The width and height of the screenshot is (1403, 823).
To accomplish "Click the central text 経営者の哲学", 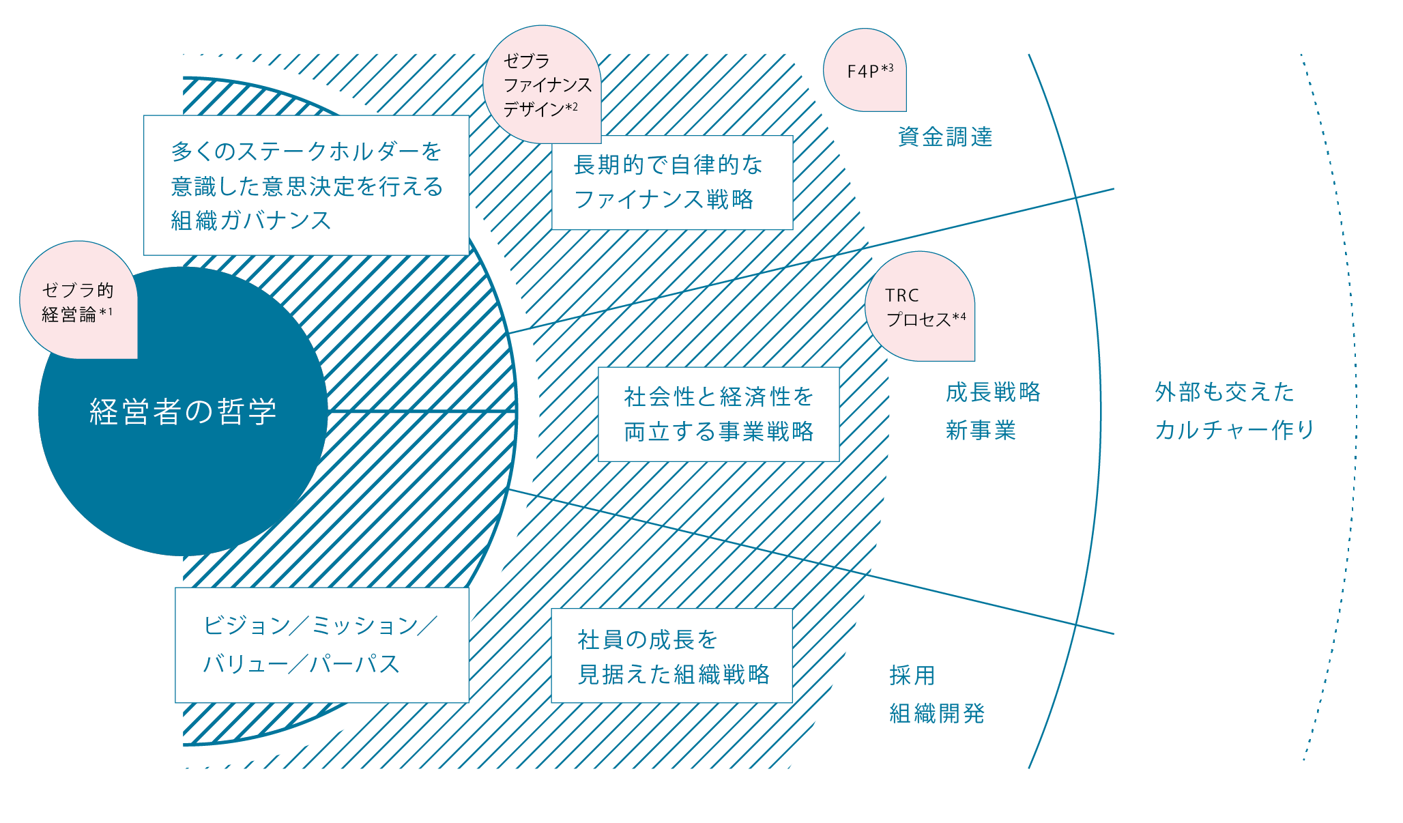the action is point(183,411).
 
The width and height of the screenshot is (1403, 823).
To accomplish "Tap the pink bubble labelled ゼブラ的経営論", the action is point(78,300).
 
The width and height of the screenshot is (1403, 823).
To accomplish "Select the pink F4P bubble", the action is point(865,70).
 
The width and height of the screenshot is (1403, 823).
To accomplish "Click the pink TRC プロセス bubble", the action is point(920,306).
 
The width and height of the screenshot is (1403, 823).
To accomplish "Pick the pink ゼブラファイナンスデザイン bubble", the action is point(542,85).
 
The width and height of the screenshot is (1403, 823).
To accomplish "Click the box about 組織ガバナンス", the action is point(306,185).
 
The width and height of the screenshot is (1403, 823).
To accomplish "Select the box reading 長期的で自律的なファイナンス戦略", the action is point(672,182).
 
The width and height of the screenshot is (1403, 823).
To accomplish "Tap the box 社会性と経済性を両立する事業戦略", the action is point(719,414).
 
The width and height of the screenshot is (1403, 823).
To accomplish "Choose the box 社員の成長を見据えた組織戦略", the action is point(672,656).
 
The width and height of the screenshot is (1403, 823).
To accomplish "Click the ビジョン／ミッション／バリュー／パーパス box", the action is point(322,645).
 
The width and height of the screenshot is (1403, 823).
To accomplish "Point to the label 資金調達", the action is point(945,137).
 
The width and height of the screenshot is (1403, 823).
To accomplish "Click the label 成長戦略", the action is point(993,392).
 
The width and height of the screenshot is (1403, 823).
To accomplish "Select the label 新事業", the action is point(981,431).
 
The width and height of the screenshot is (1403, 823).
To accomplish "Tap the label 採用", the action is point(912,676).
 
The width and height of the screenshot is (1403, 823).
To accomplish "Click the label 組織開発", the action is point(937,714).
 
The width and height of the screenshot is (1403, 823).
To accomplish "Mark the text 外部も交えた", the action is point(1225,392).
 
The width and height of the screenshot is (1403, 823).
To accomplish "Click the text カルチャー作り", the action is point(1234,430).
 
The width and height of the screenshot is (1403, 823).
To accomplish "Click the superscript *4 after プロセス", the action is point(959,317).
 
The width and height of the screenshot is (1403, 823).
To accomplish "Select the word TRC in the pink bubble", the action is point(902,295).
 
